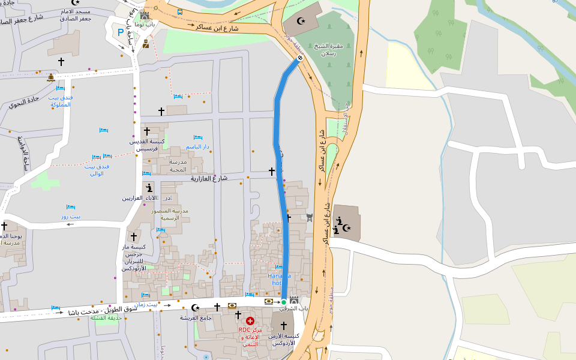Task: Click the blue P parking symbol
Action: (x=121, y=32)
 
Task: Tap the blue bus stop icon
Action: (x=180, y=11)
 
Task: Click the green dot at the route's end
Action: (x=284, y=302)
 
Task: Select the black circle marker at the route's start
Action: (x=299, y=58)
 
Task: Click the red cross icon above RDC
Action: (x=250, y=321)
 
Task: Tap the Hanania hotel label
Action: (x=279, y=279)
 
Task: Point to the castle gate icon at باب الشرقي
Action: (x=294, y=300)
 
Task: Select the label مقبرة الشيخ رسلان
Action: (x=328, y=49)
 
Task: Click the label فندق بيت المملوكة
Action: (x=60, y=101)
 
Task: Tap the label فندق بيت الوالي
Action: (x=97, y=169)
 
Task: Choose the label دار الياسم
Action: (x=197, y=146)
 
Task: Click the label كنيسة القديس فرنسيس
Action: (x=147, y=145)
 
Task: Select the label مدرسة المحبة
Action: (x=179, y=166)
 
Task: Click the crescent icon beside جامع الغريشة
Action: (x=194, y=308)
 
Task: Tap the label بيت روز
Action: (x=71, y=216)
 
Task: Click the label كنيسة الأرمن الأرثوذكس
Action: (x=284, y=339)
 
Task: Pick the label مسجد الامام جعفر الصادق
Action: (x=76, y=15)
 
